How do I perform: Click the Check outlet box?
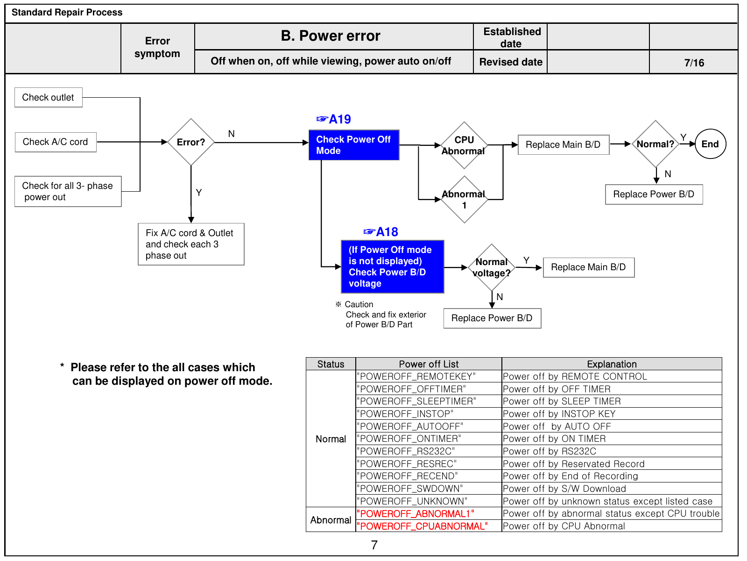point(49,97)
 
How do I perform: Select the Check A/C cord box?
point(56,142)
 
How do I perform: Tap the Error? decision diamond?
point(191,142)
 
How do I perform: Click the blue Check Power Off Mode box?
point(353,145)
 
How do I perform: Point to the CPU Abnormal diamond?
point(464,145)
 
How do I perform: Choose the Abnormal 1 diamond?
point(464,200)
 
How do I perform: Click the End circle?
point(710,144)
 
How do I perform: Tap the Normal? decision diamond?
point(655,144)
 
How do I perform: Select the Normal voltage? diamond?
point(492,267)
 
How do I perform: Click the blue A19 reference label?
point(333,119)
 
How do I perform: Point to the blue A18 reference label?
point(381,232)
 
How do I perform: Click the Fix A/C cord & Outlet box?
point(191,244)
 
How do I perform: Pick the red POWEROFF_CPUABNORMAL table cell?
point(429,526)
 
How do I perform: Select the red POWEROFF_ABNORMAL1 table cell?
point(429,514)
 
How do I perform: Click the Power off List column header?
point(429,364)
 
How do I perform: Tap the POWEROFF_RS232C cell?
point(429,451)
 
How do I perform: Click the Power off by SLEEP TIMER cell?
point(612,401)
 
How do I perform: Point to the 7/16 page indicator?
point(694,63)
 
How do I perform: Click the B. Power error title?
point(331,36)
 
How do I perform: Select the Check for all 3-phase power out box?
point(68,191)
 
